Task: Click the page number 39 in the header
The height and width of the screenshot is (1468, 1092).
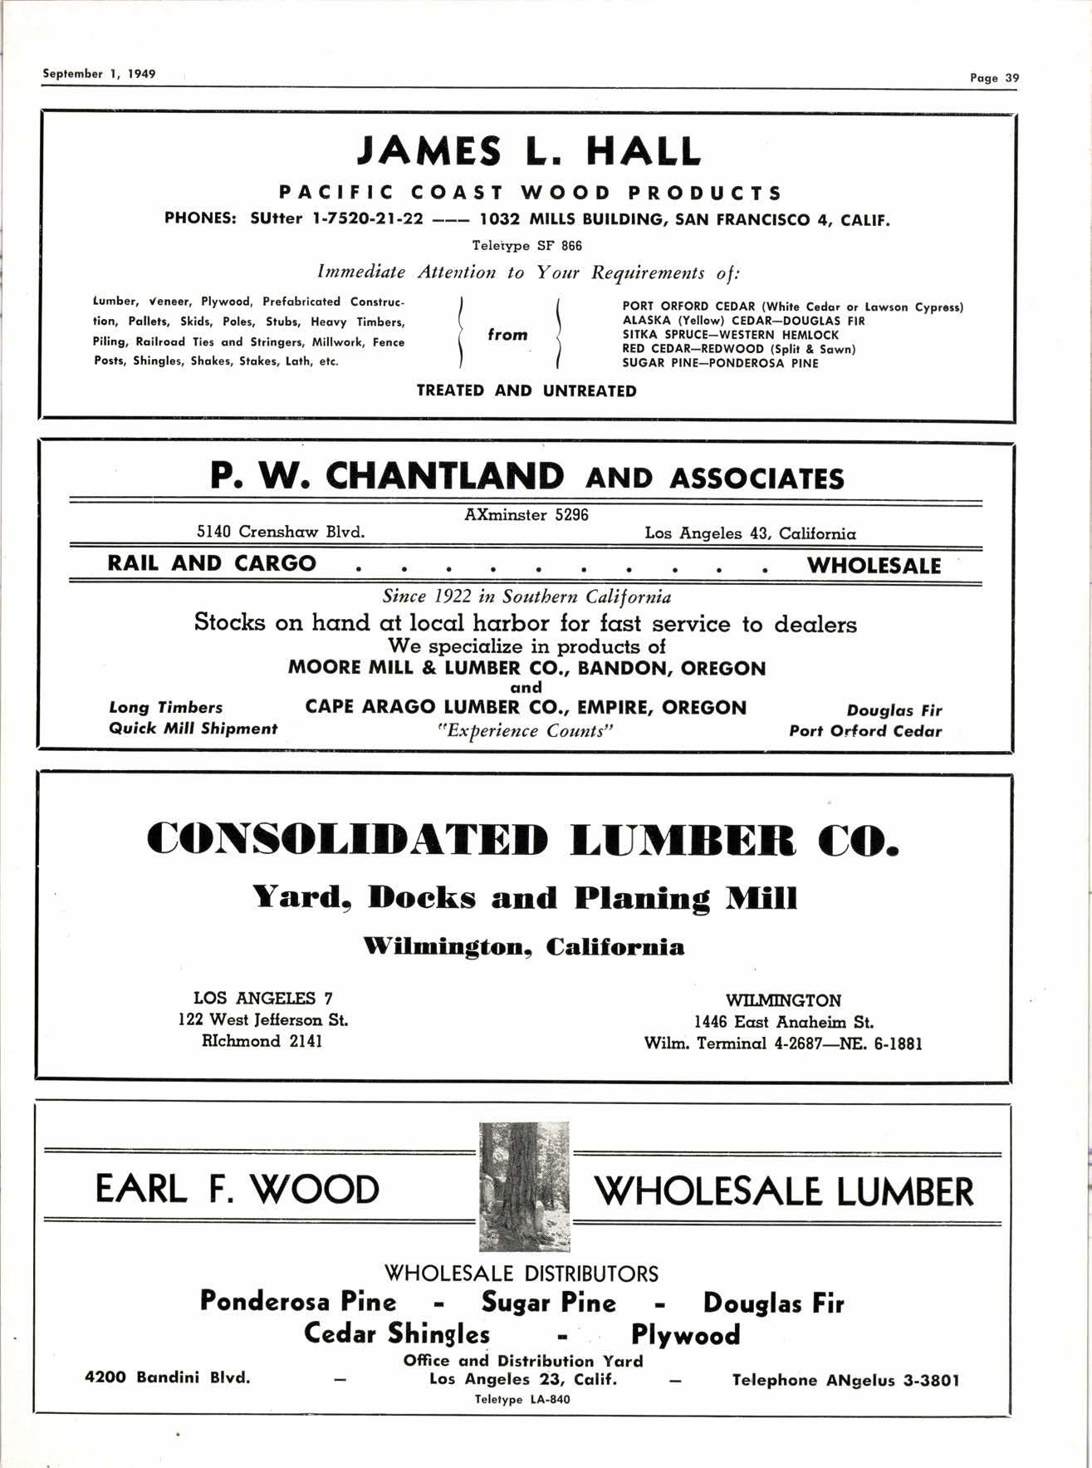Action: point(1011,78)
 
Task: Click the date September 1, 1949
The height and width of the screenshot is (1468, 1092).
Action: point(99,73)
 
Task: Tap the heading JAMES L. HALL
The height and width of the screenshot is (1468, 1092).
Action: point(528,151)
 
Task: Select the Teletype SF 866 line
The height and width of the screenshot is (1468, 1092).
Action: point(526,246)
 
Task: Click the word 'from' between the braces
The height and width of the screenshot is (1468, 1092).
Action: point(507,335)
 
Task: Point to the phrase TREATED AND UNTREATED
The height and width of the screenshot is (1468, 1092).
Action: point(526,390)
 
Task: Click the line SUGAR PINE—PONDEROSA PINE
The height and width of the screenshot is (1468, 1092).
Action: point(720,363)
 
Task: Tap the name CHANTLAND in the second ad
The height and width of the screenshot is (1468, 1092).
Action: point(444,476)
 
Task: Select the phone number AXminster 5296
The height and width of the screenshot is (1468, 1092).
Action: point(526,515)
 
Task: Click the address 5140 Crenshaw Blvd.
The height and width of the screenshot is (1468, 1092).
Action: point(281,532)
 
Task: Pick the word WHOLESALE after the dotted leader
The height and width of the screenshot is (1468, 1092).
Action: point(874,566)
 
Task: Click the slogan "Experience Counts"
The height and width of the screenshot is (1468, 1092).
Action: point(525,731)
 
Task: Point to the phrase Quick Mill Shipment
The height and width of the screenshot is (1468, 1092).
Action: point(193,729)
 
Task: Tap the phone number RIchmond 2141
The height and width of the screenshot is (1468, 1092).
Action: point(262,1041)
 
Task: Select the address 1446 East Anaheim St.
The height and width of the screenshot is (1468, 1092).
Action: point(783,1023)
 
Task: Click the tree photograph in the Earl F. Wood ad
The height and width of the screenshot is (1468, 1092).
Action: point(525,1186)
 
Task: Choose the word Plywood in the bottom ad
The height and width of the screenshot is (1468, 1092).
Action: point(685,1335)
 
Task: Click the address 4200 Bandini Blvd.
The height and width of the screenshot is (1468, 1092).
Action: point(168,1377)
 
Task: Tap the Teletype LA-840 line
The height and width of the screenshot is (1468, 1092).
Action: point(522,1400)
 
